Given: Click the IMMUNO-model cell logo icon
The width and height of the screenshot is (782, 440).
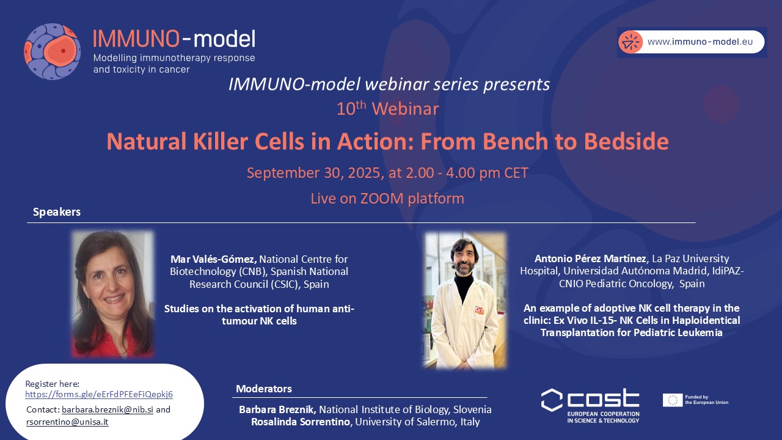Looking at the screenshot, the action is tap(53, 51).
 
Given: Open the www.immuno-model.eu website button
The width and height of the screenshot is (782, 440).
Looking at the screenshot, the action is tap(691, 42).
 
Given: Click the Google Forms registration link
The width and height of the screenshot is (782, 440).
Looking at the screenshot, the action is tap(99, 394).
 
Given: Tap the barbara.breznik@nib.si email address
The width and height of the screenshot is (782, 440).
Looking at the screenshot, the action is tap(108, 409).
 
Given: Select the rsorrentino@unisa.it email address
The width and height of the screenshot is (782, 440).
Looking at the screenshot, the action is tap(67, 422).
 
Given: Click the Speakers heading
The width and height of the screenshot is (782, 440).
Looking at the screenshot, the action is tap(57, 211).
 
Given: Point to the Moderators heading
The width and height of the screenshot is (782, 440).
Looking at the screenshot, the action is tap(264, 389).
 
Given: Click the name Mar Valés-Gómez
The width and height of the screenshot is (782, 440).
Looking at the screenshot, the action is tap(214, 259).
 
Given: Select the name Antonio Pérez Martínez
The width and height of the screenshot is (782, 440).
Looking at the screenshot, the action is tap(590, 258).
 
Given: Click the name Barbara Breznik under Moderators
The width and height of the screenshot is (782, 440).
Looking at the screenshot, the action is tap(277, 409).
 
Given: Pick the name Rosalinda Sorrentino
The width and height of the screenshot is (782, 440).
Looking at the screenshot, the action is tap(301, 422).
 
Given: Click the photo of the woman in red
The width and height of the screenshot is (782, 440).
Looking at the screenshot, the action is tap(113, 294).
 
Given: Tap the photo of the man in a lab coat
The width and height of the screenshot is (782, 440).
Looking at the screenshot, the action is tap(465, 301).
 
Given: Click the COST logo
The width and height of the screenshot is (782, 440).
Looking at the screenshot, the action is tap(590, 406).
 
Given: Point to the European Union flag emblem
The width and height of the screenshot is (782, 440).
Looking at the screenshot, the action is tap(673, 400).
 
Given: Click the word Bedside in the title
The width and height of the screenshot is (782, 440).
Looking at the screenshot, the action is tap(626, 141).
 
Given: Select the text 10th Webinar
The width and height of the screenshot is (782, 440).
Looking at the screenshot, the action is tap(387, 108).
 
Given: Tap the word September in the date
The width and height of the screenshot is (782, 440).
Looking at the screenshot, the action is tap(283, 173).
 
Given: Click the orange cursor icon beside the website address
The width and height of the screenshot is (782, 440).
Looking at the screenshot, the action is tap(630, 42).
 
